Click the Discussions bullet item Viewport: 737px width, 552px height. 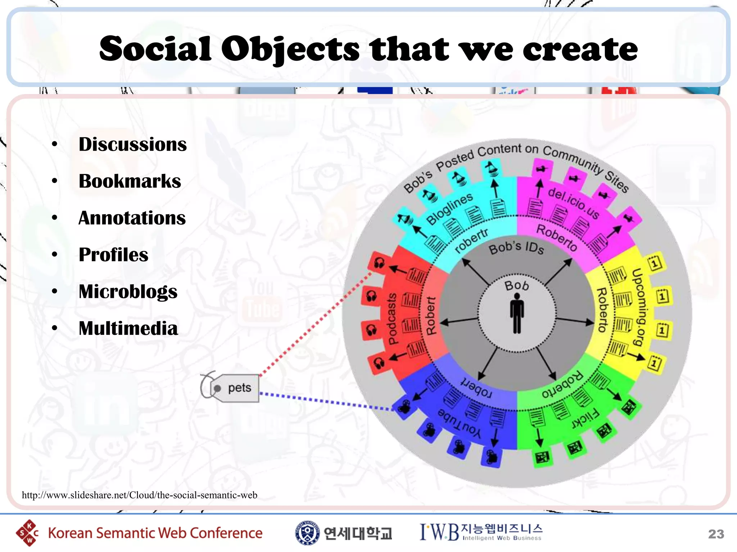click(132, 144)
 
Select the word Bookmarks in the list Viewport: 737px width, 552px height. click(130, 181)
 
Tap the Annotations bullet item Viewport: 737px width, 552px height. click(132, 218)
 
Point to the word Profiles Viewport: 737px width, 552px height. click(113, 255)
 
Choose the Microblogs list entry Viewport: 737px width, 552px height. click(128, 291)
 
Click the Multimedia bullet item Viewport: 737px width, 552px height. click(128, 328)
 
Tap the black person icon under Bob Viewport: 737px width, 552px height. click(517, 313)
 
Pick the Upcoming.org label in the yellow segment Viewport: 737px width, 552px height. click(638, 307)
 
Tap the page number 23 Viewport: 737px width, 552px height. click(716, 534)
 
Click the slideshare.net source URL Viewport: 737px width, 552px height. click(140, 495)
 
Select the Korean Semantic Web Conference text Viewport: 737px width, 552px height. click(155, 533)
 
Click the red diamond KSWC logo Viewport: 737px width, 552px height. click(27, 533)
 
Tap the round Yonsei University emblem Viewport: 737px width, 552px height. click(307, 533)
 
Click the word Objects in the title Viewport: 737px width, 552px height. click(290, 49)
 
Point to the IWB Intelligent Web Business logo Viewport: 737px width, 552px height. click(481, 532)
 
